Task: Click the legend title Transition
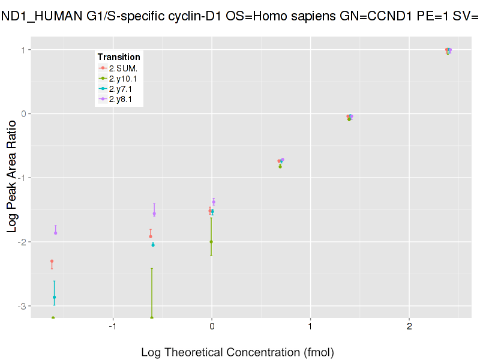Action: coord(119,57)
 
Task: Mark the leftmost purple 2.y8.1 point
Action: coord(56,233)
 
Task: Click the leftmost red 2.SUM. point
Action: coord(52,261)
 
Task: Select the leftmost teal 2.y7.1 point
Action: coord(54,297)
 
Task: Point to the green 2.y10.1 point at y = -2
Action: coord(211,242)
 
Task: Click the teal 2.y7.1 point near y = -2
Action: coord(153,245)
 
